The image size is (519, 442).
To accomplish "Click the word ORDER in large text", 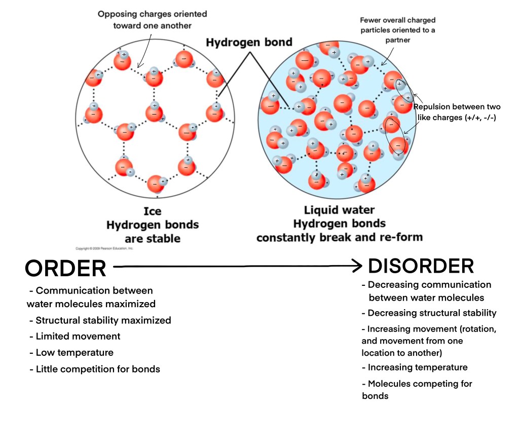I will point(65,268).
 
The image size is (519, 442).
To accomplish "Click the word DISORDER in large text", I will point(421,266).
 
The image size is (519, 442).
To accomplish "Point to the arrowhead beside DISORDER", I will point(357,266).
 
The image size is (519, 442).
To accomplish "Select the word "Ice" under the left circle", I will point(152,211).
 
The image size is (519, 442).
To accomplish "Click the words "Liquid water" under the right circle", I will point(339,210).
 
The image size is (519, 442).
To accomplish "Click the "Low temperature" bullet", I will point(74,352).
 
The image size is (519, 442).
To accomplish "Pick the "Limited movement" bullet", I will point(78,336).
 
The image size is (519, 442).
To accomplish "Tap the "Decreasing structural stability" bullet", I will point(432,313).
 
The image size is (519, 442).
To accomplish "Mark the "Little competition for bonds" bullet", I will point(97,369).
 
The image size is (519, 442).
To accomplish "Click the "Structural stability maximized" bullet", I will point(103,320).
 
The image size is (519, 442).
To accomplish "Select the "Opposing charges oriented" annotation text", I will point(152,14).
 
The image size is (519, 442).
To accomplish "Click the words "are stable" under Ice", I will point(152,238).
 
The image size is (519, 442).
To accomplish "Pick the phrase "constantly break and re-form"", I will point(339,237).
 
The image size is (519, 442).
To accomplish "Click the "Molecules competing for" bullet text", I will point(420,384).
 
